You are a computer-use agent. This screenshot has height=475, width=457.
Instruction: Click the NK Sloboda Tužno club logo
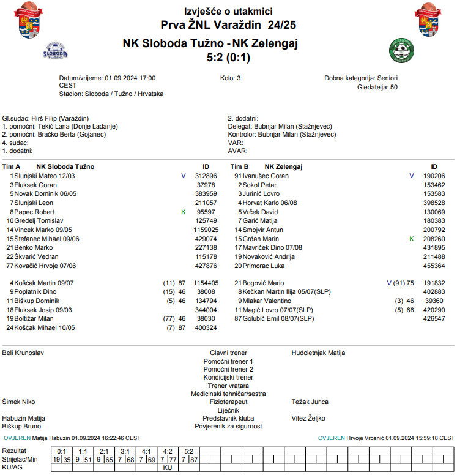coord(55,50)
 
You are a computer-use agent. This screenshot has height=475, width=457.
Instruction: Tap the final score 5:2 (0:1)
coord(228,58)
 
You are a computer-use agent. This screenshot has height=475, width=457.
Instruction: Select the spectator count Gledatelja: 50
coord(377,87)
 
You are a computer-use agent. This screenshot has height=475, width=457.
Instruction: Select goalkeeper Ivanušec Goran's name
coord(266,176)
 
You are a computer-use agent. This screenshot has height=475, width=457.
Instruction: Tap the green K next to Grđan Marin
coord(411,238)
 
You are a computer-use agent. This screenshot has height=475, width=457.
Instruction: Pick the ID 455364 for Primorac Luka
coord(434,266)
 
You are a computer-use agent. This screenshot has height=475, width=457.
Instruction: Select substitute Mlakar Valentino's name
coord(267,301)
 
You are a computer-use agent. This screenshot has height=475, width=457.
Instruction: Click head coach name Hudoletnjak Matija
coord(318,353)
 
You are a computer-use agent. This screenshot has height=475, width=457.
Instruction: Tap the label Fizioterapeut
coord(228,402)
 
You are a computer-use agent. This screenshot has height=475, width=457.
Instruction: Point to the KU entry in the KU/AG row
coord(168,467)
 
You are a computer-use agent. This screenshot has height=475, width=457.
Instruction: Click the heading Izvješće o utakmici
coord(228,11)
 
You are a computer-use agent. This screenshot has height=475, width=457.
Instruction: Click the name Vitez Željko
coord(308,418)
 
